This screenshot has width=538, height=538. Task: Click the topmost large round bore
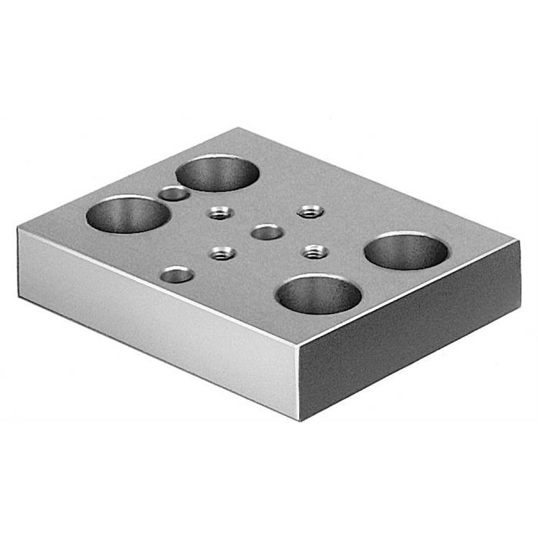coord(217,173)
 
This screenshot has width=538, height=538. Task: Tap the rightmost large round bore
coord(406,250)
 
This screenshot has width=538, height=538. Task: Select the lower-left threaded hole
coord(222,251)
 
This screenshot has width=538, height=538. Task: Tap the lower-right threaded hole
coord(313,250)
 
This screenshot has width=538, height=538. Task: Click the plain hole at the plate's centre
coord(267,233)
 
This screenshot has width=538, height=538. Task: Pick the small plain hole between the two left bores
coord(173,193)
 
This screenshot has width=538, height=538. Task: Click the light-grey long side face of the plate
coord(156,317)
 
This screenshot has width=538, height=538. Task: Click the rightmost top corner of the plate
coord(520,243)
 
